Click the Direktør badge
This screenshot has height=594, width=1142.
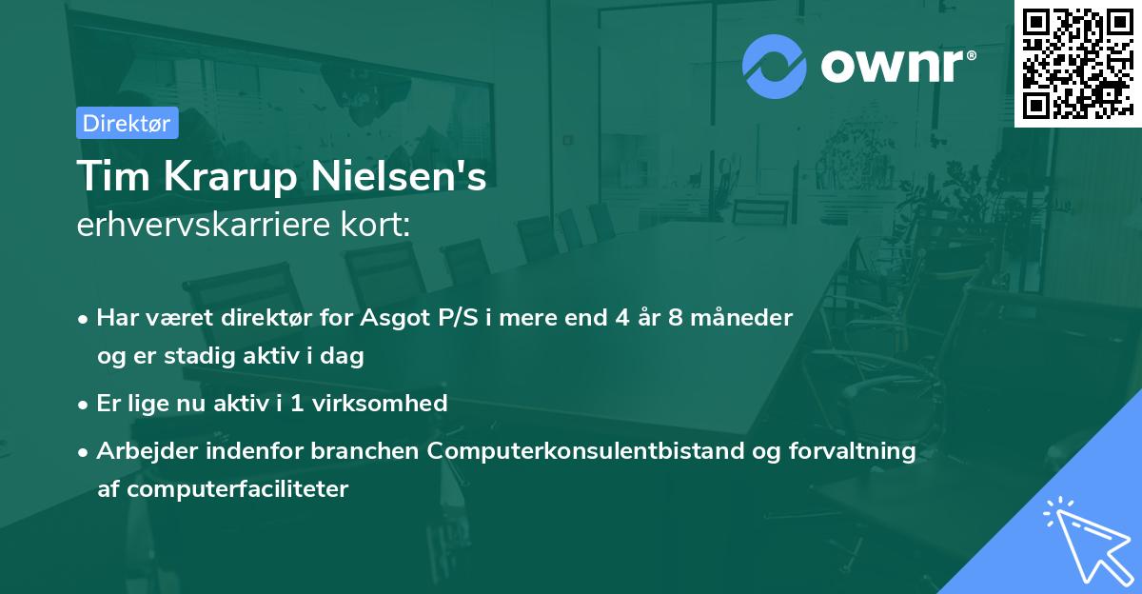127,123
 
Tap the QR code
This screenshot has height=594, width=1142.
1077,64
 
